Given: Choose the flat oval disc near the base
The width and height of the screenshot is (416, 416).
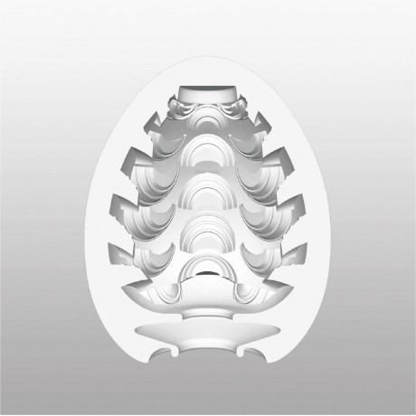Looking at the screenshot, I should pos(208,327).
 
